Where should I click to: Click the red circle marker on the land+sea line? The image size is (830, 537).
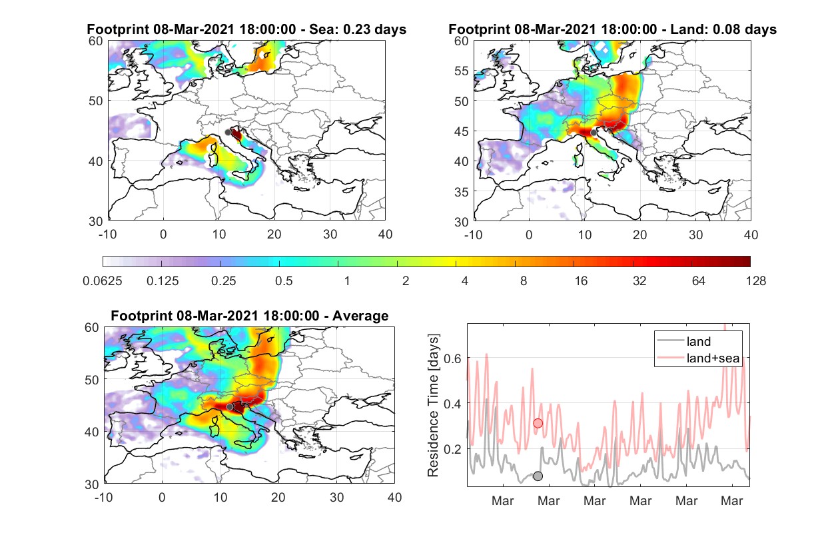point(538,423)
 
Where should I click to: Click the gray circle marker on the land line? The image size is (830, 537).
point(538,476)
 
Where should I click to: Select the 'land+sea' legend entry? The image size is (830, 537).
point(698,358)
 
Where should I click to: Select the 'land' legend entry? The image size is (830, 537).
point(683,341)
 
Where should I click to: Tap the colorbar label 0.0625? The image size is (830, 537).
point(103,281)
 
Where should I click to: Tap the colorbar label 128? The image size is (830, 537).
point(756,281)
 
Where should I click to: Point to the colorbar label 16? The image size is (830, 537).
point(581,281)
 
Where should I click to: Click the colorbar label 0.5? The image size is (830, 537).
point(284,281)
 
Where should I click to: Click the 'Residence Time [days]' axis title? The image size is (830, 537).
point(433,406)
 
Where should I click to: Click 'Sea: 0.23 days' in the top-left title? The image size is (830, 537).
point(358,29)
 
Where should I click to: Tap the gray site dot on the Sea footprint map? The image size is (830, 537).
point(228,133)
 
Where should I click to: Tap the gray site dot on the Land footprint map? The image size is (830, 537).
point(594,133)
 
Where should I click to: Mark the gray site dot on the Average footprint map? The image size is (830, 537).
point(230,407)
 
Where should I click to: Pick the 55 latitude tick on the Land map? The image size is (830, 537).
point(462,71)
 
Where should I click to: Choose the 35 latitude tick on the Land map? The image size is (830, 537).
point(462,192)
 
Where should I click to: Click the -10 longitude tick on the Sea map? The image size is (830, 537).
point(107,235)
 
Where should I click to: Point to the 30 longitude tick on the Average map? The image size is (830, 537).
point(337,497)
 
